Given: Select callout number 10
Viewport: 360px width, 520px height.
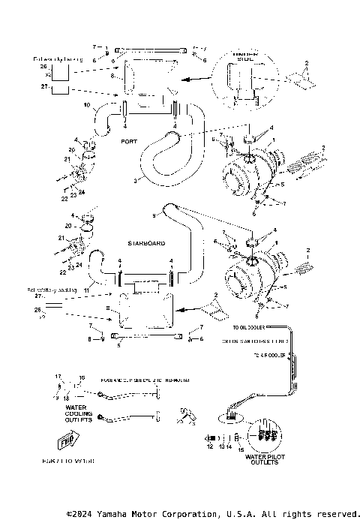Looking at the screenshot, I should [x=86, y=104].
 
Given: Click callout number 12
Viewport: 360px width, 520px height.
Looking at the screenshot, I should [x=211, y=446].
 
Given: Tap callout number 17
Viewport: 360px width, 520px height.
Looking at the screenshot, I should [x=57, y=376].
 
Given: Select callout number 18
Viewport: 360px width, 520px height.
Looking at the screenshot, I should [x=66, y=398].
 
